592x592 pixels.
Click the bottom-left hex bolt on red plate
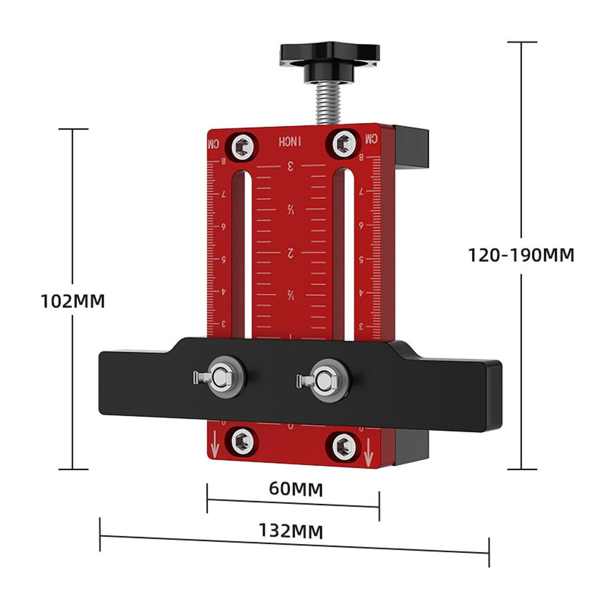242,442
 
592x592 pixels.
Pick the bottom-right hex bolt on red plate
344,446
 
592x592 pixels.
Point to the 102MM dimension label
72,301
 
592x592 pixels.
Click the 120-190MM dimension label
521,255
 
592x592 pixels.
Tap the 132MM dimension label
290,531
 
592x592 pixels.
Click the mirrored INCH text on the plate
290,142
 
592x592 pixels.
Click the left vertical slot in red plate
238,254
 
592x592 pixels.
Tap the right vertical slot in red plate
343,254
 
